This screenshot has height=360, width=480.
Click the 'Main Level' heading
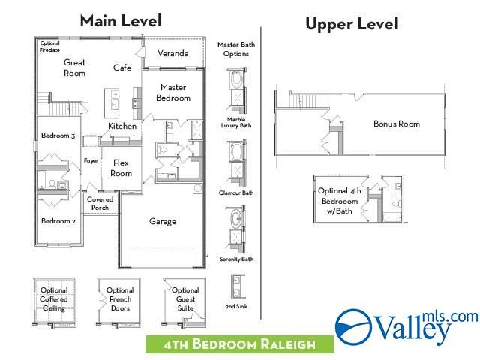point(120,20)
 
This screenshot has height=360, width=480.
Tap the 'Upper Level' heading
point(351,24)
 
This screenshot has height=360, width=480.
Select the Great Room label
point(74,67)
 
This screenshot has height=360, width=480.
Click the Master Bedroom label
point(173,92)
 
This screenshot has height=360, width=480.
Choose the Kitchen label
point(122,126)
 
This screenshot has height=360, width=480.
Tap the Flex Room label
point(121,168)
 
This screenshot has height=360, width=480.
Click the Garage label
point(163,221)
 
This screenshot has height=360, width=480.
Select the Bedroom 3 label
point(58,136)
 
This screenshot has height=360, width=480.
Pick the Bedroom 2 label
point(58,221)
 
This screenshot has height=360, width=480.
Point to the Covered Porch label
point(100,203)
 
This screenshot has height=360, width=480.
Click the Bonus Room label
point(396,124)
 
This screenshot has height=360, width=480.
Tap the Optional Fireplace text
point(50,46)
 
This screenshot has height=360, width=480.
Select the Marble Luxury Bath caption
point(236,123)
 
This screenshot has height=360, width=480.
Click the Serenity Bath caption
point(236,259)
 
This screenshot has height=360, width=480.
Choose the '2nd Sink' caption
point(236,307)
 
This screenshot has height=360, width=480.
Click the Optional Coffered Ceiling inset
point(53,299)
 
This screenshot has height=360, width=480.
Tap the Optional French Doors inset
point(119,299)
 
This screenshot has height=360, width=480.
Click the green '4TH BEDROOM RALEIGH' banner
point(240,344)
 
